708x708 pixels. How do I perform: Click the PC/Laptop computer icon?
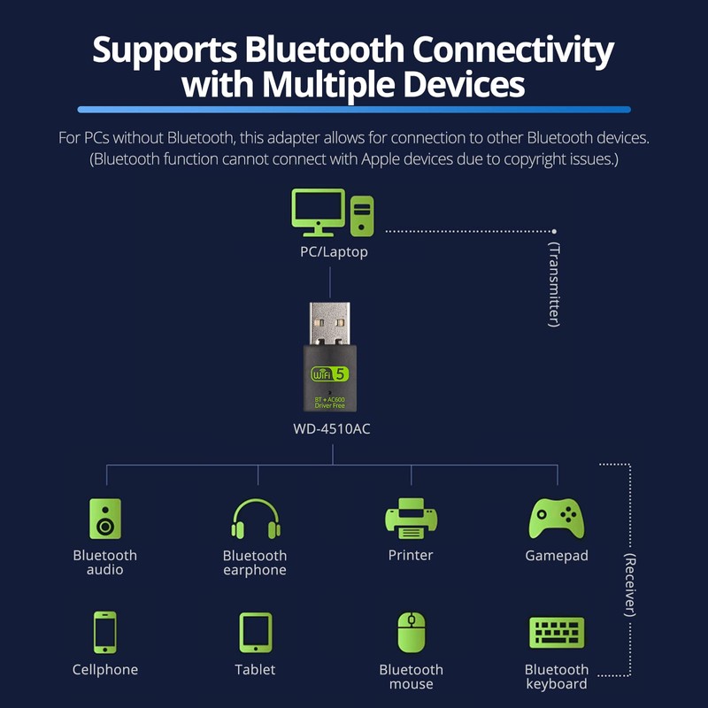click(332, 213)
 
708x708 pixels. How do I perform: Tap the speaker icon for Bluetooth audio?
click(105, 519)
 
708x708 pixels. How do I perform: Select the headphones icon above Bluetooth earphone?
click(255, 519)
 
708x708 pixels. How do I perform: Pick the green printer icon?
click(411, 519)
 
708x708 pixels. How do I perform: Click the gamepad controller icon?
click(556, 519)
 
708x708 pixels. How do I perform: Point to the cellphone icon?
click(105, 633)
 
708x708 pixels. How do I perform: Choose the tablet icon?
click(255, 633)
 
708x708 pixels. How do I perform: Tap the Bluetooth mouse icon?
click(411, 633)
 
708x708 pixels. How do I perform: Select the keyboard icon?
click(556, 633)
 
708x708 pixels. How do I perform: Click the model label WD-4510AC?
click(331, 430)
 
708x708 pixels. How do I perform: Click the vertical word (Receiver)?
click(630, 586)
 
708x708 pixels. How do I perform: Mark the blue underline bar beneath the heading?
click(354, 109)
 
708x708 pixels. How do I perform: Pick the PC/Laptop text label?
click(333, 252)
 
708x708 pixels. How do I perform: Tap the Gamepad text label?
click(556, 556)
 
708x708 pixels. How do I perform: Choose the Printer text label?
click(411, 556)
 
